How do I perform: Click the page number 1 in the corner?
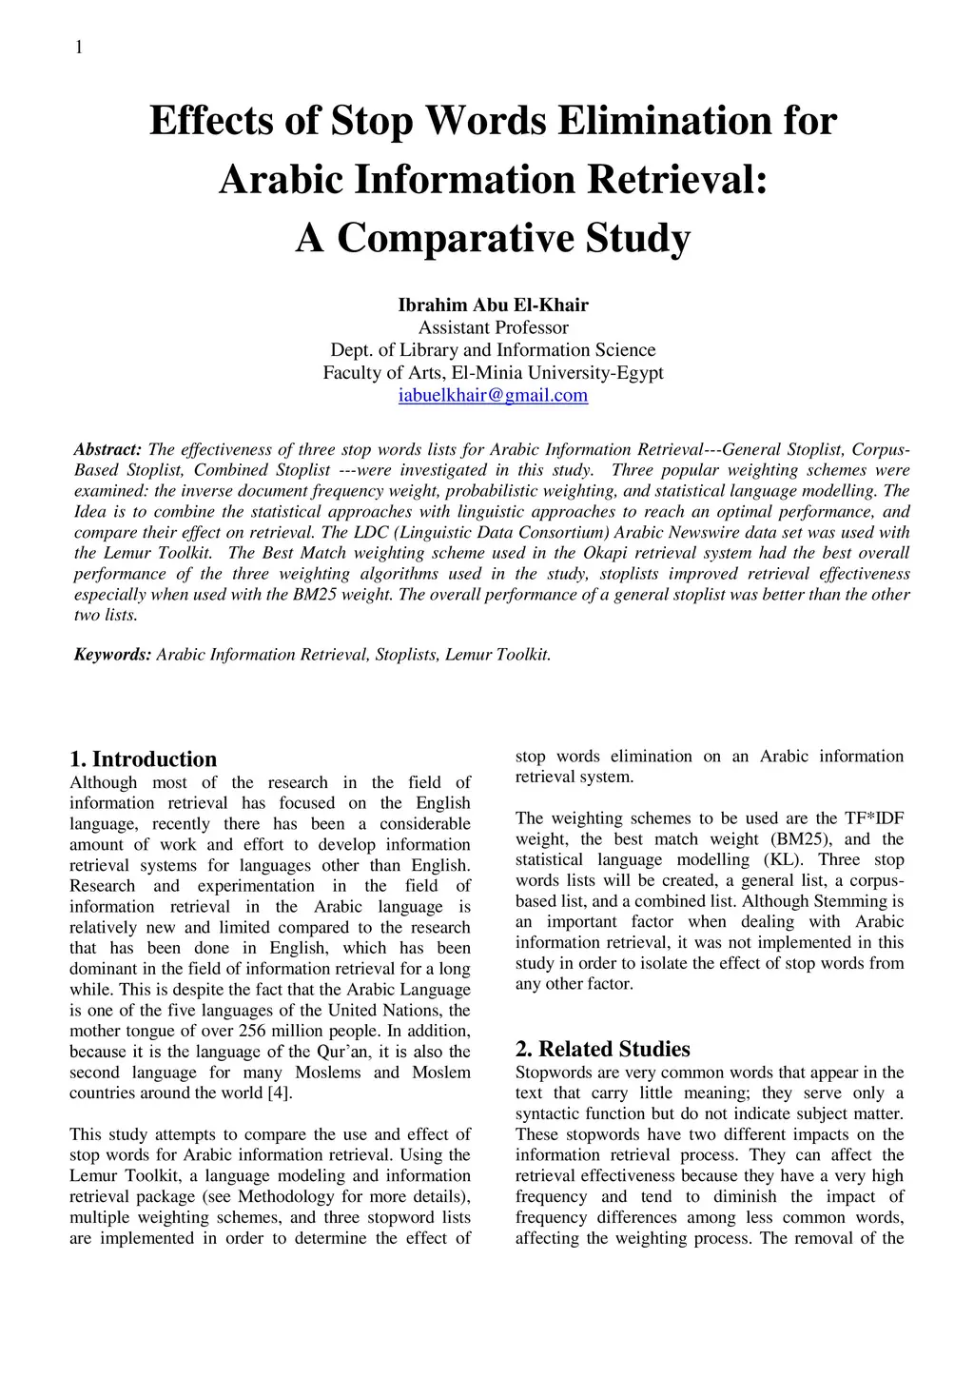(79, 48)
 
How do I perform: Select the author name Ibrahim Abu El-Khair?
(493, 305)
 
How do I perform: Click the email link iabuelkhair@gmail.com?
(493, 395)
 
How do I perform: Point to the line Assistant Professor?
(493, 327)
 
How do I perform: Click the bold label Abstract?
(107, 450)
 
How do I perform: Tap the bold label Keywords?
(112, 655)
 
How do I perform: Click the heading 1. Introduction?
(144, 759)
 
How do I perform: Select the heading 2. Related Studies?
(603, 1050)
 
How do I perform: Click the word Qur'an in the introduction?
(343, 1053)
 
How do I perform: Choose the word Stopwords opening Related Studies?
(554, 1073)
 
